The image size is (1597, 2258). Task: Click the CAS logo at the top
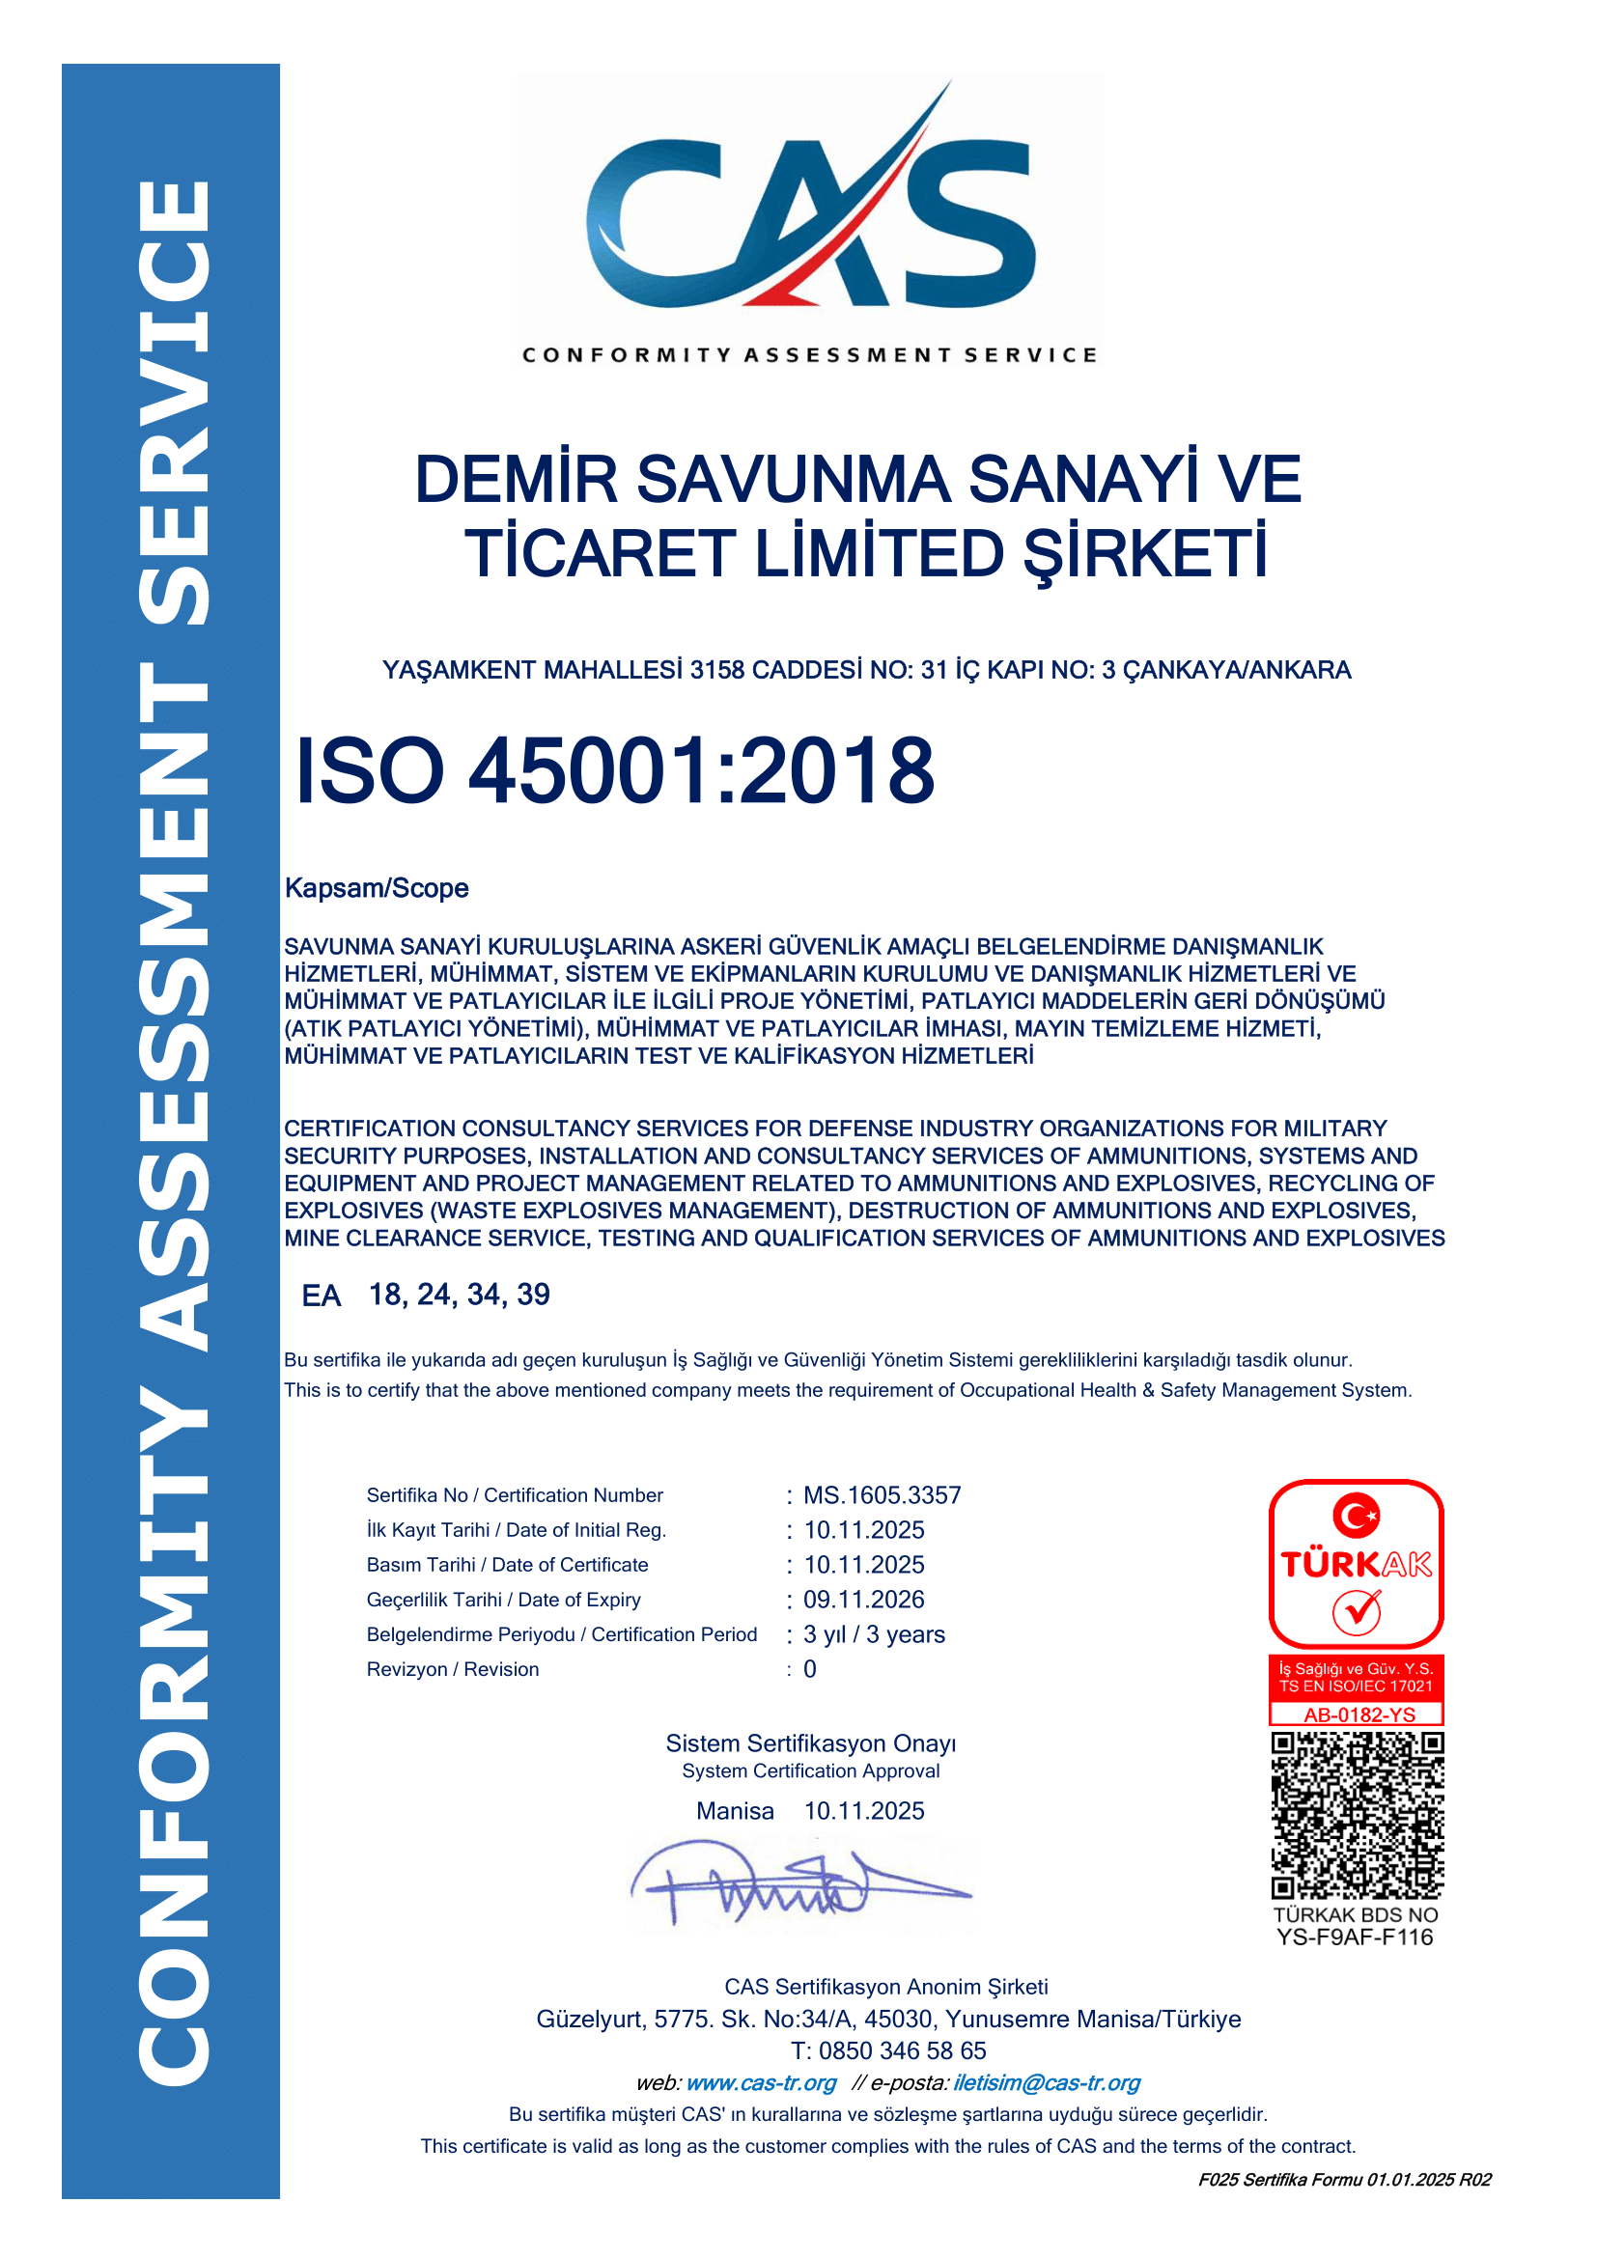[x=809, y=221]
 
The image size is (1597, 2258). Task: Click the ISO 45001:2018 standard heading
[x=615, y=771]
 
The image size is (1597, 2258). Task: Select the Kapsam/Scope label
[x=377, y=888]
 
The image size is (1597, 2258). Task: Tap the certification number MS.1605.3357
[x=883, y=1494]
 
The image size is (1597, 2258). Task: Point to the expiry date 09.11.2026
[x=863, y=1599]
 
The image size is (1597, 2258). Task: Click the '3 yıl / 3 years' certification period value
[x=873, y=1634]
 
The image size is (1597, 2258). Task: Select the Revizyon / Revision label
[x=452, y=1669]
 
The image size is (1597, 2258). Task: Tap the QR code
[x=1356, y=1816]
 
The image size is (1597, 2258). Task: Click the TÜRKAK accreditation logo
[x=1356, y=1564]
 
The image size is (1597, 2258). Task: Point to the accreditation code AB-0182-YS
[x=1359, y=1714]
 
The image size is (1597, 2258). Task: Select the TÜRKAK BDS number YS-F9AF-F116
[x=1355, y=1937]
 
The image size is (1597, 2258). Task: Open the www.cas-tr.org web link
[x=760, y=2082]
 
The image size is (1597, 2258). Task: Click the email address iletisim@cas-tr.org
[x=1047, y=2082]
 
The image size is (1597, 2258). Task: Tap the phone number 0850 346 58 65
[x=902, y=2050]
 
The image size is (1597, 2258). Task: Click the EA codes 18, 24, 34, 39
[x=459, y=1295]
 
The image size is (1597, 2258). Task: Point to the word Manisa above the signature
[x=735, y=1810]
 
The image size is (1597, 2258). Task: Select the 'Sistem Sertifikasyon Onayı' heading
[x=810, y=1743]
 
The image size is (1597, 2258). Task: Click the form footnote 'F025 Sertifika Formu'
[x=1343, y=2180]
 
